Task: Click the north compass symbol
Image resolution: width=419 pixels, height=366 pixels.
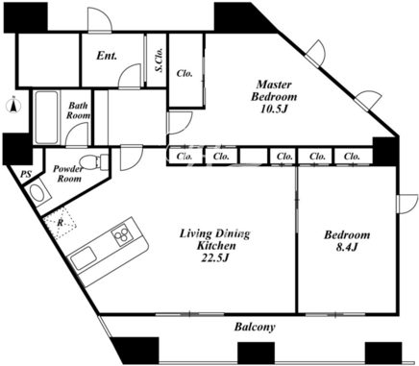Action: [13, 106]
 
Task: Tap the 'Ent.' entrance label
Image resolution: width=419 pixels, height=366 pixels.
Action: [107, 56]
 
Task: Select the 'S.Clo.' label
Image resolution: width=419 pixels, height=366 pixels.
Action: [160, 60]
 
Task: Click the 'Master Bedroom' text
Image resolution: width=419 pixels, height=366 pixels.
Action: [274, 90]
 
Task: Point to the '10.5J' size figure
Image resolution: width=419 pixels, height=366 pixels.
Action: [273, 109]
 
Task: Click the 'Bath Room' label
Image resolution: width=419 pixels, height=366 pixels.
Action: [78, 110]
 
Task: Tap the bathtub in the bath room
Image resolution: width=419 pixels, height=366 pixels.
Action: [47, 117]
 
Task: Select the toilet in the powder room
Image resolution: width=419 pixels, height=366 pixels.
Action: [93, 160]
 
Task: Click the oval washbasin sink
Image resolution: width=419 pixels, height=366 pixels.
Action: [38, 193]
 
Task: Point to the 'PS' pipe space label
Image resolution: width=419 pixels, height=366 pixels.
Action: [26, 174]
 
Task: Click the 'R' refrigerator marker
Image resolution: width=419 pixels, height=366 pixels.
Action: [60, 223]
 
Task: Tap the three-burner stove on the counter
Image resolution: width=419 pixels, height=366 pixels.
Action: [122, 235]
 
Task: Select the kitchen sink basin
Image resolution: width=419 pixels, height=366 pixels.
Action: [84, 258]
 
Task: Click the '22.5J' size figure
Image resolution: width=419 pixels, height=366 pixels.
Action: [214, 257]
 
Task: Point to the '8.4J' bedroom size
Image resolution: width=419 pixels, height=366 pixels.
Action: [347, 247]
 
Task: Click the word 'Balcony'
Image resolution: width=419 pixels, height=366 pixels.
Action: [255, 327]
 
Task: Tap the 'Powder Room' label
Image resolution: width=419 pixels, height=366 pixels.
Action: [67, 173]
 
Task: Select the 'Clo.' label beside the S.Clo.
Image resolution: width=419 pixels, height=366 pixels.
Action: [185, 73]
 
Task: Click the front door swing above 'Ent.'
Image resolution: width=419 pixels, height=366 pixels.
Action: [100, 20]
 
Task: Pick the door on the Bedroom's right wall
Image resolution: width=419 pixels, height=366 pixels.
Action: [407, 204]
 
